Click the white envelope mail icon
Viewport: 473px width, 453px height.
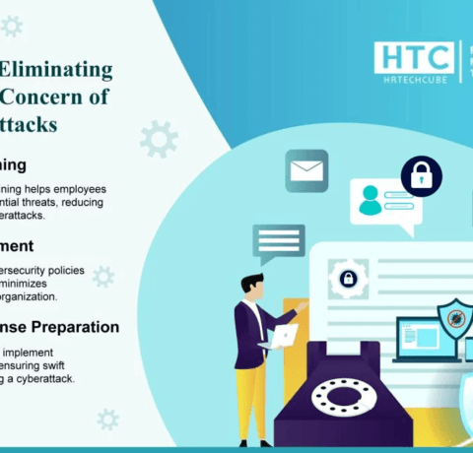pos(306,171)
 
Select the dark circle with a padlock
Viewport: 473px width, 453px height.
pos(422,177)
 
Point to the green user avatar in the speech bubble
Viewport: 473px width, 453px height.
pos(370,201)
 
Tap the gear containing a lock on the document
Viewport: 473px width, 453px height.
pos(347,278)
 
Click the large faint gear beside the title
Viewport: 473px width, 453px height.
pos(158,140)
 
